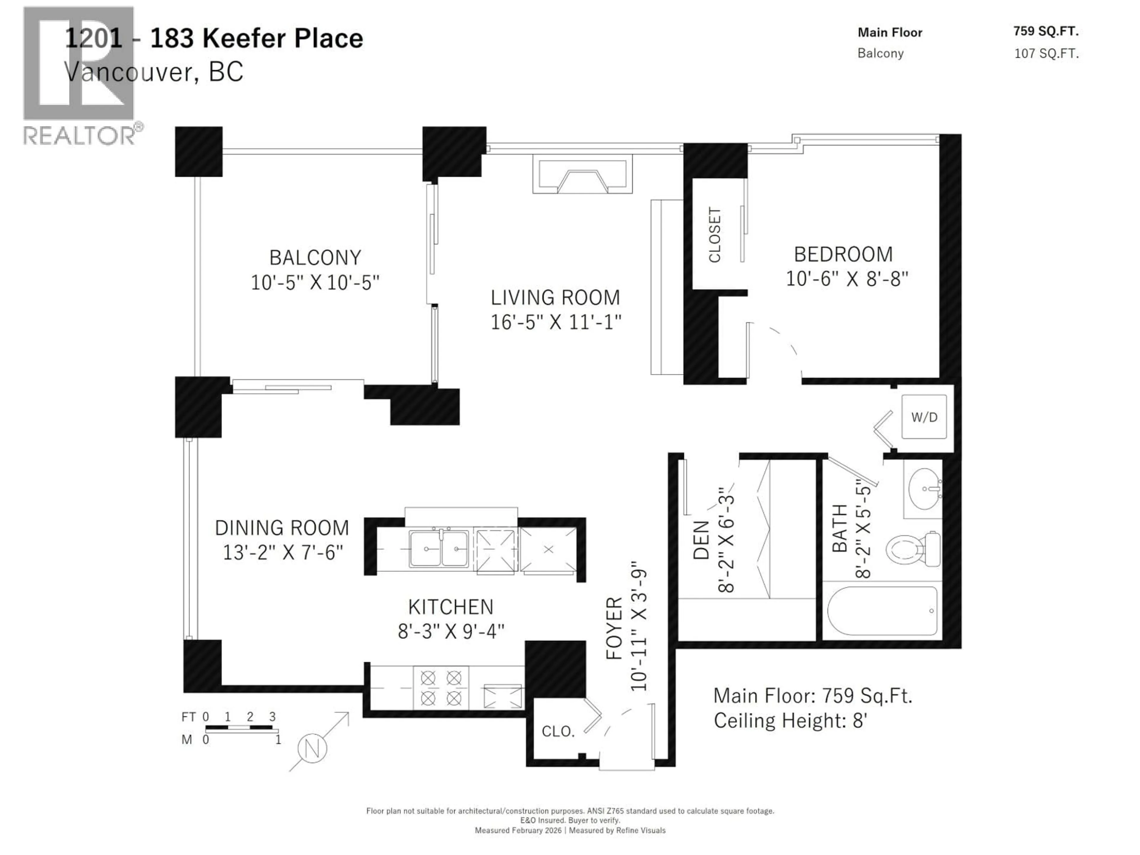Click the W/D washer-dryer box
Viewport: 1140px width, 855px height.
point(924,417)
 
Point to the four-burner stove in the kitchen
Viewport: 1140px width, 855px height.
point(441,688)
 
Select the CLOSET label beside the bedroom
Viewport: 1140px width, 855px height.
point(714,235)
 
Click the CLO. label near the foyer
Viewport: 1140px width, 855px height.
point(558,731)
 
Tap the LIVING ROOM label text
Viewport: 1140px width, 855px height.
point(555,297)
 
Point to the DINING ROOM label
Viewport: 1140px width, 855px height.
point(282,528)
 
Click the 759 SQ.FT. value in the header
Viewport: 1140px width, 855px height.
point(1046,31)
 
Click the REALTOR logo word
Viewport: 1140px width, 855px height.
point(80,136)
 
